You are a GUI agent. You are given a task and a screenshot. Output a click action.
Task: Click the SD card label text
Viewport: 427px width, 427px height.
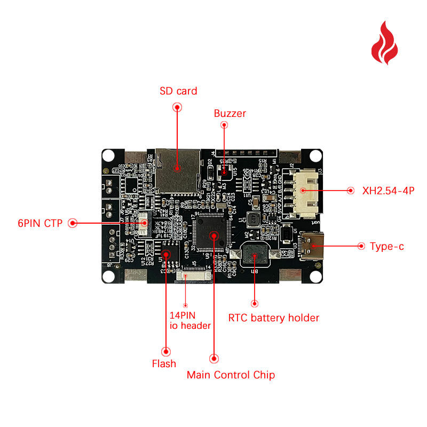(x=178, y=91)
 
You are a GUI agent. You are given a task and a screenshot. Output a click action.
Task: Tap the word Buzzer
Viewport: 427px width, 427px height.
(x=230, y=113)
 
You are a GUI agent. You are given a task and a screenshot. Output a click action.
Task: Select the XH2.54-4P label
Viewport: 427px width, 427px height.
(x=388, y=190)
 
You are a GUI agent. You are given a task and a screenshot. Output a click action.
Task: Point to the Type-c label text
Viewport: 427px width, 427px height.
(x=387, y=246)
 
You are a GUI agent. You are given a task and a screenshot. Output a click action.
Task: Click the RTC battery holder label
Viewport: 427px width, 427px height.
(x=273, y=318)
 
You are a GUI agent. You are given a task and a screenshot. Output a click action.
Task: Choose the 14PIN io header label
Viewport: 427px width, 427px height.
(x=189, y=320)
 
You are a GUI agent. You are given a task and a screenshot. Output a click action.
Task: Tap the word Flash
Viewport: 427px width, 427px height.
(x=164, y=363)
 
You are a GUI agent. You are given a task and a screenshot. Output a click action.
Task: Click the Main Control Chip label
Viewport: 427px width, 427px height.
(x=231, y=375)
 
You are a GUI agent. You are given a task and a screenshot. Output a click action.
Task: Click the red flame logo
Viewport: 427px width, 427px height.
(x=385, y=43)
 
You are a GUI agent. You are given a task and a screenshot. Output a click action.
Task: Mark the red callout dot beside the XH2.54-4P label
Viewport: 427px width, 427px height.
(x=351, y=190)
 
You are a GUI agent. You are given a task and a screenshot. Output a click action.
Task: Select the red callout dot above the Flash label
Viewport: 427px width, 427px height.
(x=166, y=351)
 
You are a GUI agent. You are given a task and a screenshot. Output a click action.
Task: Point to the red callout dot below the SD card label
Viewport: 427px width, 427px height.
(x=178, y=107)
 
